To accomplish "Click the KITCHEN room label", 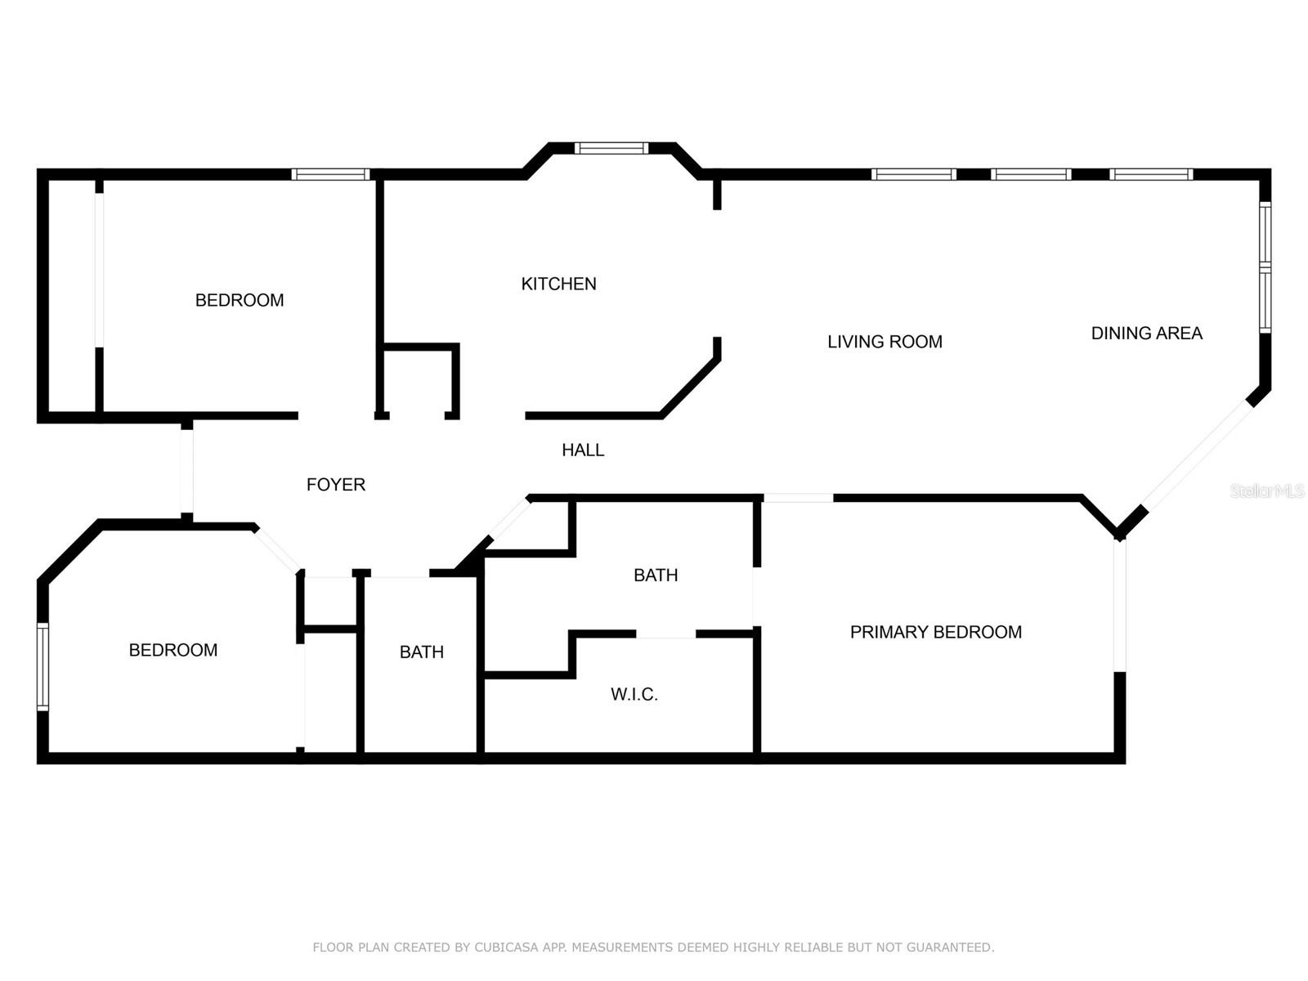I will (558, 284).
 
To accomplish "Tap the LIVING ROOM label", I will (885, 342).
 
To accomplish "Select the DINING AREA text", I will (1146, 333).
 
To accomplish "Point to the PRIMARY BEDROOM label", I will (935, 632).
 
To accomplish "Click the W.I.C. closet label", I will (634, 694).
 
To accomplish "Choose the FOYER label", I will (335, 485).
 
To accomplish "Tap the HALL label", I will (583, 450).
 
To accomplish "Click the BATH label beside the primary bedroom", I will (656, 575).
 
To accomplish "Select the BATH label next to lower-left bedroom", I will (421, 652).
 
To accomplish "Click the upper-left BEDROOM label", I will (240, 300).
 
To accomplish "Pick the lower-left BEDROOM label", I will (173, 650).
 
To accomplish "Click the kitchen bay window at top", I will (611, 148).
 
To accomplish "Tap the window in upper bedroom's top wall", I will (330, 174).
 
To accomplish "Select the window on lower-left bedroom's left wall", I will (43, 666).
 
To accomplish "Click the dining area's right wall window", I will (1265, 267).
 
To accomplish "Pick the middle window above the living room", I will (1030, 174).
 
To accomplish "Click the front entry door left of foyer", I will (186, 471).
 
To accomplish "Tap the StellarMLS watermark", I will (1267, 490).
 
